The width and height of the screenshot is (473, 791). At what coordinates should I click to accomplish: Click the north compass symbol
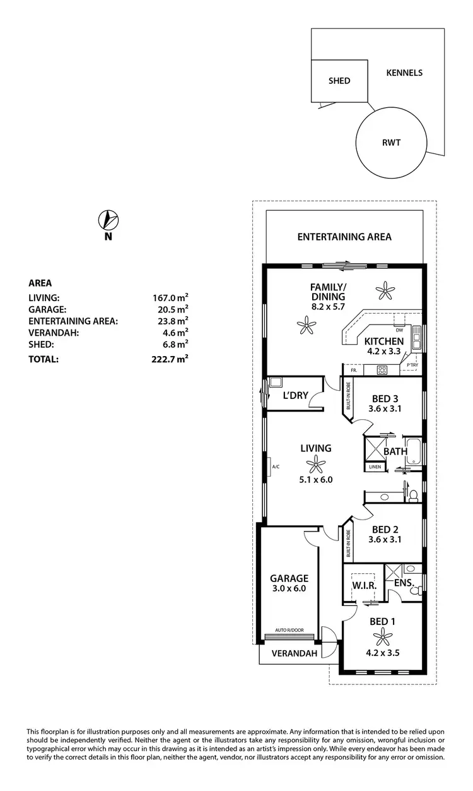point(108,220)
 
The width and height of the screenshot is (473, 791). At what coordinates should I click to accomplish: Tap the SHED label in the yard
point(339,81)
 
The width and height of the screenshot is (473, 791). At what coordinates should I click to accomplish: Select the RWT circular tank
point(391,142)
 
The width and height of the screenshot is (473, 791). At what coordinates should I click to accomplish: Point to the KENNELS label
point(404,73)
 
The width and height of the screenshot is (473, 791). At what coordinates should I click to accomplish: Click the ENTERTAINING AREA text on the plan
point(344,237)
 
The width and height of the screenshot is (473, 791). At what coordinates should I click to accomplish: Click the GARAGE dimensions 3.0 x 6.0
point(289,588)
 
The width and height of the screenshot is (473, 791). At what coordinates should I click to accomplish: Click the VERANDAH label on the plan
point(294,653)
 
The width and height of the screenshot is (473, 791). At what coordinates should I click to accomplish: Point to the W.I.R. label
point(365,586)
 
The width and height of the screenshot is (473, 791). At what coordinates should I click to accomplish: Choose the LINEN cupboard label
point(374,468)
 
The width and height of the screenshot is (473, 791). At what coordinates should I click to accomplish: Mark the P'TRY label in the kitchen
point(412,366)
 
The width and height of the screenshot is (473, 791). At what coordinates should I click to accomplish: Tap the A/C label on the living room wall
point(276,467)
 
